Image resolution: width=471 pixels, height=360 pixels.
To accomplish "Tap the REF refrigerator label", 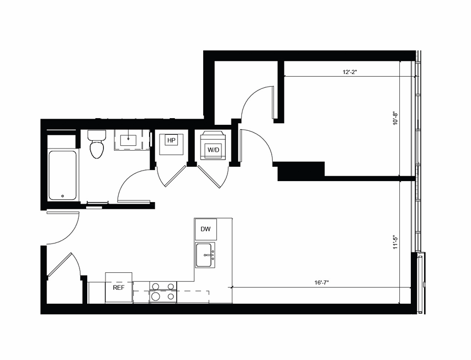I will [118, 288].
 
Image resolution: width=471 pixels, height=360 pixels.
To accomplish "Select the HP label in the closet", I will [171, 141].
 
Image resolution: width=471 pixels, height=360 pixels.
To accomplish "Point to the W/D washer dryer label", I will [213, 150].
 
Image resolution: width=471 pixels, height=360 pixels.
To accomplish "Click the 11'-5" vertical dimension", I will [395, 243].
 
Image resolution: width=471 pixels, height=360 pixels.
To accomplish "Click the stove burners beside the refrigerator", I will [163, 291].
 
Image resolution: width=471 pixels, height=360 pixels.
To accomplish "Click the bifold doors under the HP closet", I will [171, 176].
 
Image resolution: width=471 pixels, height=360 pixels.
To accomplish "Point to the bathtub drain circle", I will [62, 195].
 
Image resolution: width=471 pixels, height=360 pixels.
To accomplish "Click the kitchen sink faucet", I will [210, 255].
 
